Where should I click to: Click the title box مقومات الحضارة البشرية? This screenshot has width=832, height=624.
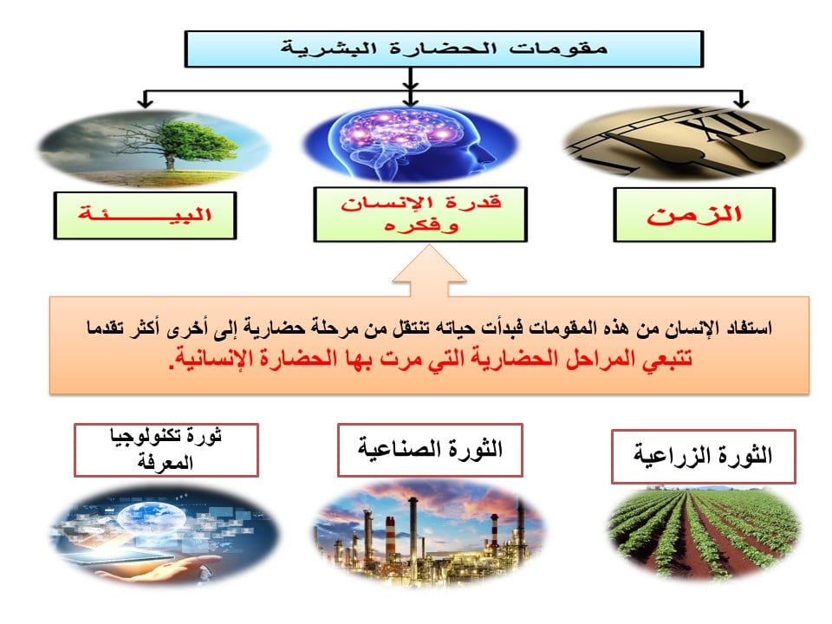tap(444, 49)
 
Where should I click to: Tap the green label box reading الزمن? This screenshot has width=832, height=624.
tap(694, 215)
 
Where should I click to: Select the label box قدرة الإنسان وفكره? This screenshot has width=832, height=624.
tap(420, 214)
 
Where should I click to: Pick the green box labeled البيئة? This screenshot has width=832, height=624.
tap(145, 216)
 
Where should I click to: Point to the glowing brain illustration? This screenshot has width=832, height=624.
tap(410, 143)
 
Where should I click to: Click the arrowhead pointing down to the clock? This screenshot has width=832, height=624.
tap(741, 102)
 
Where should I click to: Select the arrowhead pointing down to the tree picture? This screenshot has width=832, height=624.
tap(145, 102)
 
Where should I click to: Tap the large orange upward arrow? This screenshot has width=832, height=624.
tap(429, 270)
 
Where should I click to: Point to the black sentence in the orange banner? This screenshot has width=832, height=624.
tap(429, 328)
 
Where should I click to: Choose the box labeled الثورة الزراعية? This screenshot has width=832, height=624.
tap(703, 457)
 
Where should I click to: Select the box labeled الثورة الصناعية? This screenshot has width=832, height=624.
tap(430, 450)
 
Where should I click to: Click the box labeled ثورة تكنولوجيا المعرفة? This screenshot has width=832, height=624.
tap(166, 450)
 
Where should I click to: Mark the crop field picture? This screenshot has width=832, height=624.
tap(703, 532)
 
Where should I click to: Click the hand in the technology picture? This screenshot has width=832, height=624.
tap(159, 569)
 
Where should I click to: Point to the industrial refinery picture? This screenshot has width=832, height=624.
tap(429, 533)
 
